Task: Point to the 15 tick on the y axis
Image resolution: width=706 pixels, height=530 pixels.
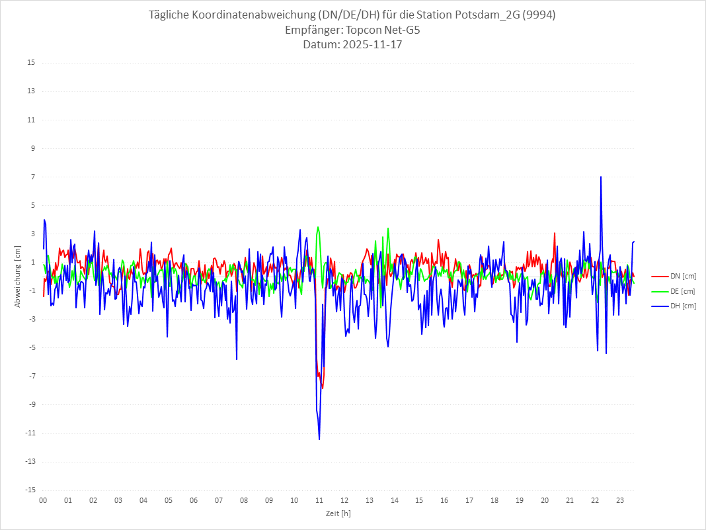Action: [30, 63]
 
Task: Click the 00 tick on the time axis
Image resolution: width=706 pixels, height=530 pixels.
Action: [43, 500]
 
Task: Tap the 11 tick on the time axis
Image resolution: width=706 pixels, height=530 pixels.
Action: [319, 500]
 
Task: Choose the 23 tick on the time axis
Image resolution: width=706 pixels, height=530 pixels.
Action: [620, 500]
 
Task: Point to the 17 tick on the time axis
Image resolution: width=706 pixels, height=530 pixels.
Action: [469, 500]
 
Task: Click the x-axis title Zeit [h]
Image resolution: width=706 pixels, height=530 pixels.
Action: [338, 513]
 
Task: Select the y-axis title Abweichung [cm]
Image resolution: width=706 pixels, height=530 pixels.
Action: [18, 277]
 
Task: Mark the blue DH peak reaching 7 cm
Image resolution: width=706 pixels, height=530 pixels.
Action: [600, 177]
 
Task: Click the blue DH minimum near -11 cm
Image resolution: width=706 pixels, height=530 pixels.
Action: [319, 438]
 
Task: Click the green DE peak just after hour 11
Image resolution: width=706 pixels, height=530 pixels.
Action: [318, 228]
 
